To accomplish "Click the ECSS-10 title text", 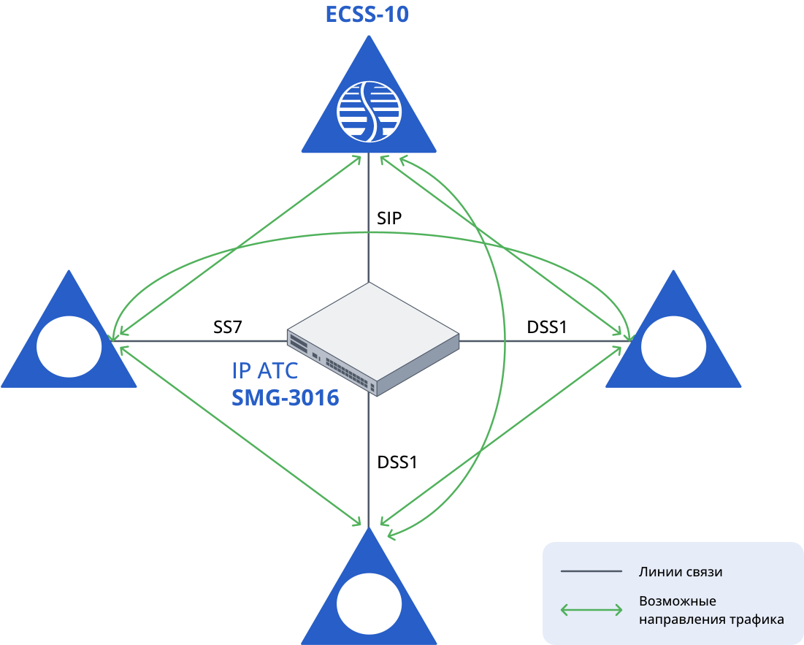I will [x=367, y=14].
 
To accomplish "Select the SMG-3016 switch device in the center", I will [x=373, y=338].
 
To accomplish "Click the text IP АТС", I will [x=265, y=371].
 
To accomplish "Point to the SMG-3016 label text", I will [x=286, y=398].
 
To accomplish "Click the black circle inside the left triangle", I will [x=69, y=346].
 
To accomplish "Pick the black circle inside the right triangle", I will [x=673, y=346].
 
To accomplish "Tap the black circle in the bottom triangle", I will [x=369, y=604].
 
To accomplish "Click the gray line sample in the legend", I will [x=591, y=571].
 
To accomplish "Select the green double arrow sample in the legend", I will [x=591, y=610].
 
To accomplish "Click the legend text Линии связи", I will [x=681, y=572].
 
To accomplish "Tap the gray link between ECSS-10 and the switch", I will [x=369, y=219].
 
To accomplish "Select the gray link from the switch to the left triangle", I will [x=204, y=341].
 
